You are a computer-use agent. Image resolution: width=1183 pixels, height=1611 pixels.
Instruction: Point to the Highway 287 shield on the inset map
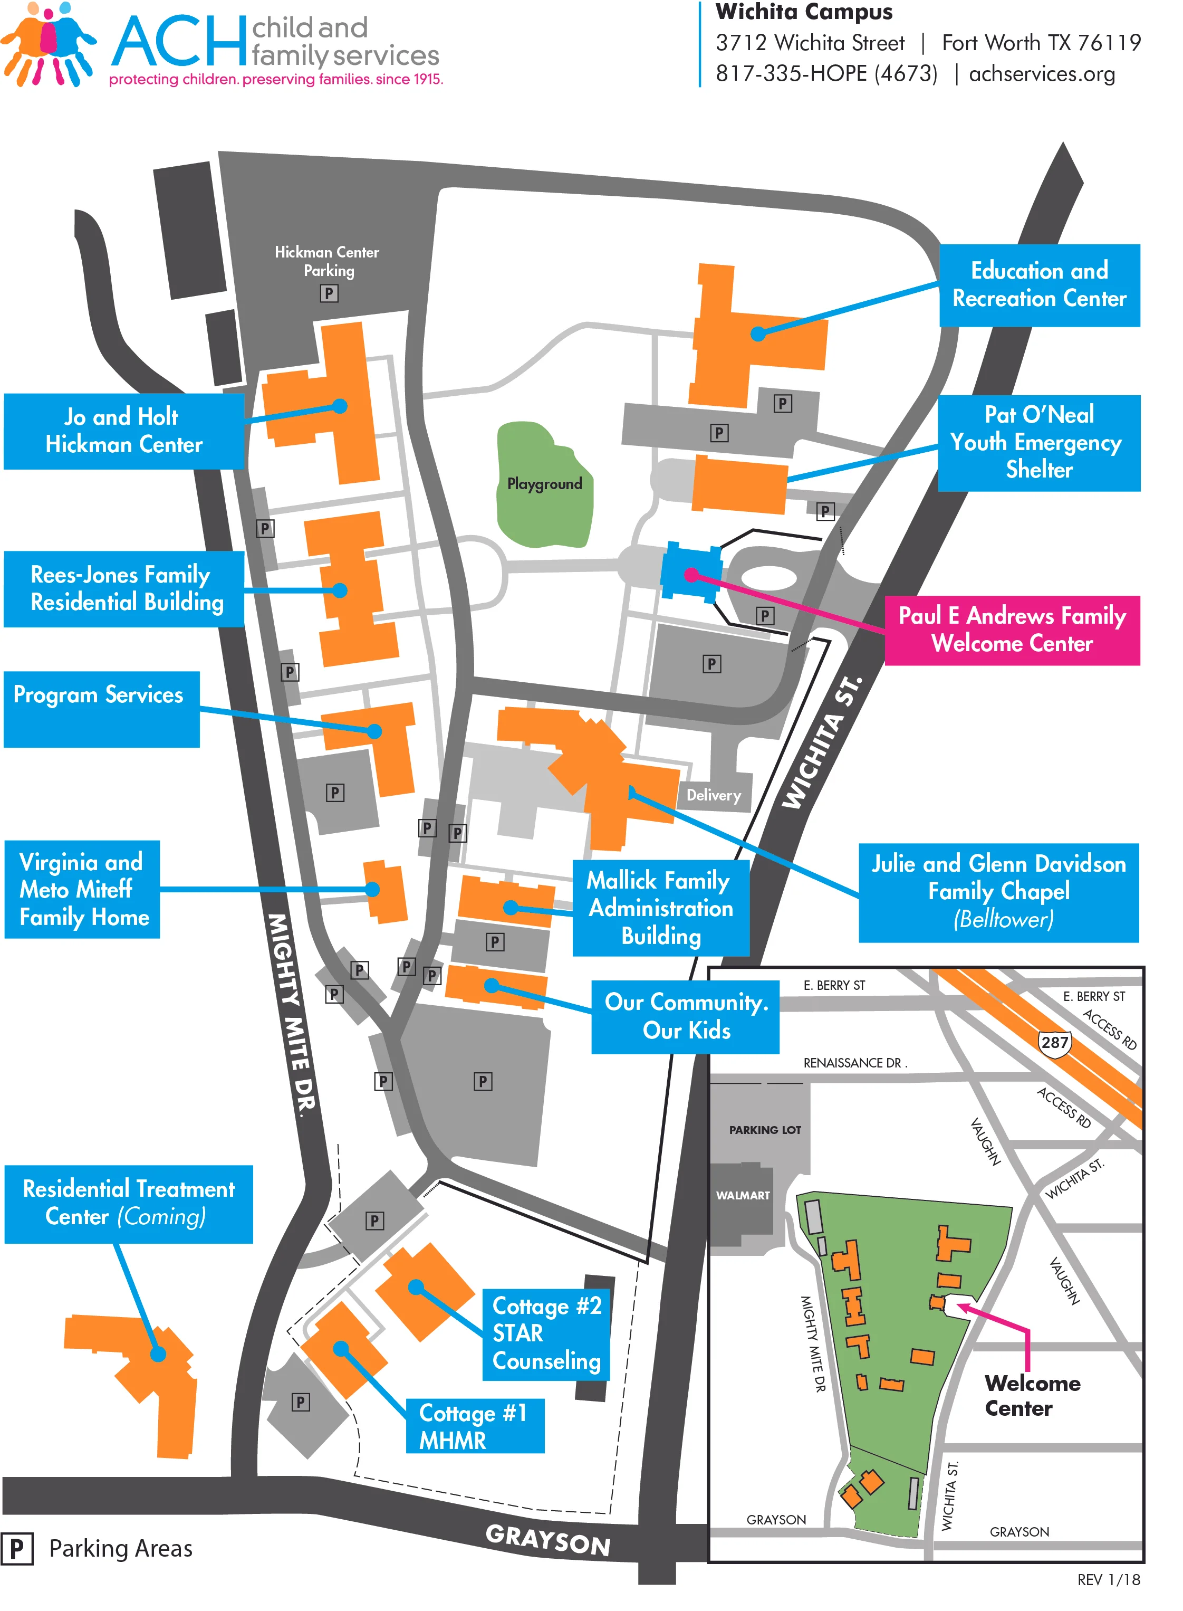pyautogui.click(x=1054, y=1042)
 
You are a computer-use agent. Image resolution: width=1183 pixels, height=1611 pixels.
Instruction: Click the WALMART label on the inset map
pyautogui.click(x=743, y=1195)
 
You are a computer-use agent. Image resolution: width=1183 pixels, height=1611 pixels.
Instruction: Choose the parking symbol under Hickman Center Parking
pyautogui.click(x=329, y=293)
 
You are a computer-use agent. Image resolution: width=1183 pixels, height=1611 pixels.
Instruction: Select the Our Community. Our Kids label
pyautogui.click(x=685, y=1016)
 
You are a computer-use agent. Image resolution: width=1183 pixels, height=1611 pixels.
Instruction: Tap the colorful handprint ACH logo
pyautogui.click(x=49, y=44)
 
